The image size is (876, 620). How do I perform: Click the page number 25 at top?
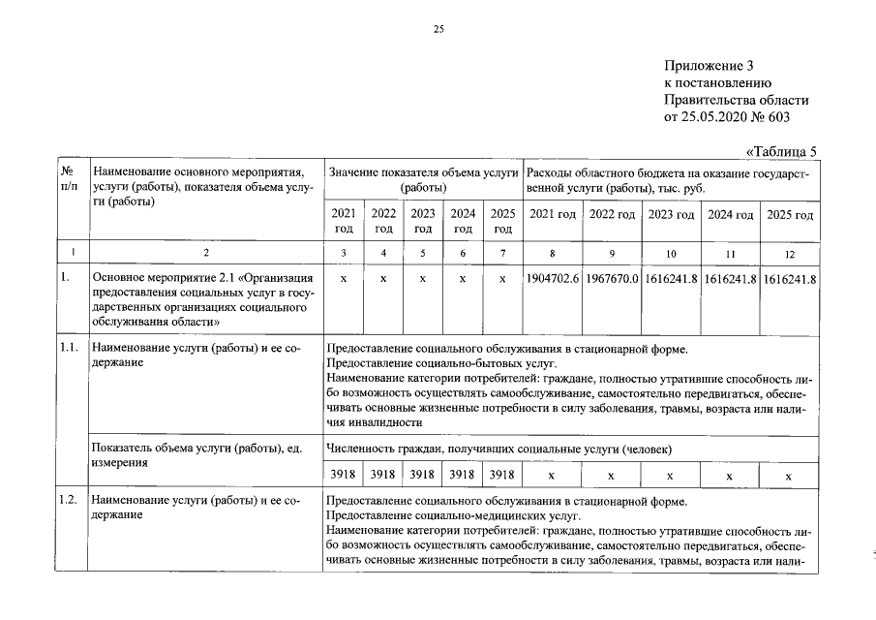[x=438, y=30]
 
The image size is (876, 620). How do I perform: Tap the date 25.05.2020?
[x=716, y=117]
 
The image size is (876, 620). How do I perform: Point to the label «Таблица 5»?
[x=783, y=150]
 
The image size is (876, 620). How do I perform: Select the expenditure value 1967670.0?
[x=612, y=278]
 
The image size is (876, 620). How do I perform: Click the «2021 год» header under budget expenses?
[x=553, y=214]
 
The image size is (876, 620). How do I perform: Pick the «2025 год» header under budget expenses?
[x=788, y=214]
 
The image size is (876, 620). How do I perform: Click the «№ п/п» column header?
[x=68, y=178]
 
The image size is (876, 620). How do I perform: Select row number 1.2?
[x=68, y=501]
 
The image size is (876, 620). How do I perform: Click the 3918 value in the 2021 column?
[x=344, y=475]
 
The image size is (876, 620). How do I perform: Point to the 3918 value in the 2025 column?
[x=501, y=475]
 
